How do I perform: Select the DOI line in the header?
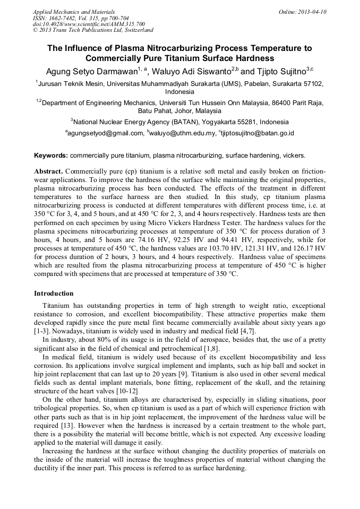(89, 24)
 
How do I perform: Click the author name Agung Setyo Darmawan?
(92, 71)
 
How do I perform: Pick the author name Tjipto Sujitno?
(284, 71)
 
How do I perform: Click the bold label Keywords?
(51, 156)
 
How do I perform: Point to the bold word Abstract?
(49, 172)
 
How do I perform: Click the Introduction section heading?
(54, 294)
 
